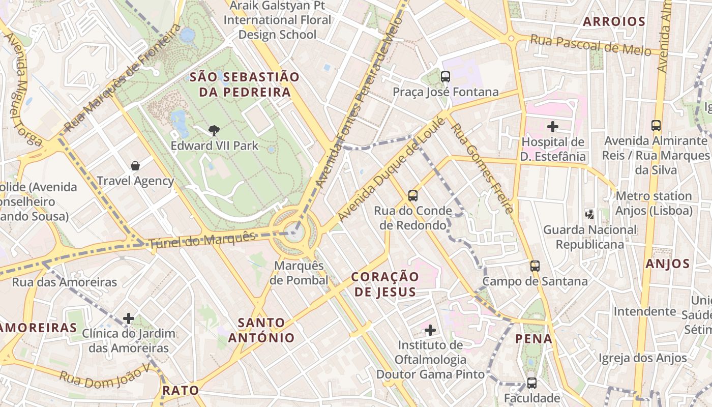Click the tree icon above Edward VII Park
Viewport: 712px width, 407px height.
tap(214, 131)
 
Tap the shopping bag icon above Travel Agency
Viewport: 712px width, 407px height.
tap(135, 165)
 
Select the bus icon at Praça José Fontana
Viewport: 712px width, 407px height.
tap(446, 77)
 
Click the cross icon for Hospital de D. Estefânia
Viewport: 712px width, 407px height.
tap(553, 126)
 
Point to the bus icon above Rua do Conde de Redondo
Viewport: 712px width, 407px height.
tap(413, 195)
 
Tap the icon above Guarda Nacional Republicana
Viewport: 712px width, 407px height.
tap(590, 214)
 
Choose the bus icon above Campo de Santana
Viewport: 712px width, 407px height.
tap(535, 266)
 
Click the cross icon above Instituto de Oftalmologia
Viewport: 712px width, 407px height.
tap(430, 330)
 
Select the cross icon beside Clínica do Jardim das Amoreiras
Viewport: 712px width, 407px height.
tap(129, 318)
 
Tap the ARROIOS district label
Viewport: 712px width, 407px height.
tap(614, 21)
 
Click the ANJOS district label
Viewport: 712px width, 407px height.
tap(667, 264)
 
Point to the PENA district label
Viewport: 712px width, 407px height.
tap(533, 339)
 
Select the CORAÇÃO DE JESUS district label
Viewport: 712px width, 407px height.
tap(385, 284)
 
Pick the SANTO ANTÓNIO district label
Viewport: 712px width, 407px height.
tap(261, 330)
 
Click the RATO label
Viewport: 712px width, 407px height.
tap(181, 390)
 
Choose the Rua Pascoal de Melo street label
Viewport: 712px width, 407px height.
tap(590, 45)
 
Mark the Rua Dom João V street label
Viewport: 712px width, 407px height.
tap(105, 375)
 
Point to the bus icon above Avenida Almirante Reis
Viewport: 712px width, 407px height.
tap(656, 125)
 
